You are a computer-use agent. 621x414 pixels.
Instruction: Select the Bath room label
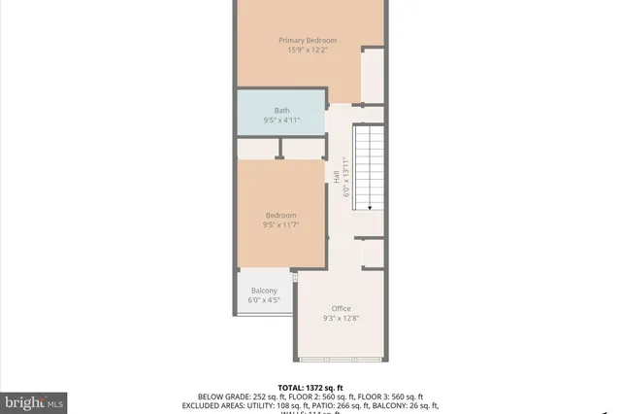tap(281, 110)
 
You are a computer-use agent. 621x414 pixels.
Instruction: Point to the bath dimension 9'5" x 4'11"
tap(281, 121)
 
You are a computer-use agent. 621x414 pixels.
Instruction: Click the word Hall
tap(337, 177)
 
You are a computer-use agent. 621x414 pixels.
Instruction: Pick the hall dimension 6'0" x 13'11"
tap(345, 177)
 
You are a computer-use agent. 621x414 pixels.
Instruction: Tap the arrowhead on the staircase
tap(369, 206)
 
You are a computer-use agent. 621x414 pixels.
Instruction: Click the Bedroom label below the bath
tap(281, 215)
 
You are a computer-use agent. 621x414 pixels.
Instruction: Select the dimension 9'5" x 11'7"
tap(281, 225)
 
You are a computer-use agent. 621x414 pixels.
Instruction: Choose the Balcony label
tap(264, 291)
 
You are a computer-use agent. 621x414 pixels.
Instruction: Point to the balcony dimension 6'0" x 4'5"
tap(264, 300)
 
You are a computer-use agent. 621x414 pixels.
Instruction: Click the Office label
tap(341, 308)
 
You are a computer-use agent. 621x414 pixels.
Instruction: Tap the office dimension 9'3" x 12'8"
tap(341, 319)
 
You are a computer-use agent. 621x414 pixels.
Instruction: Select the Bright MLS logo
tap(34, 400)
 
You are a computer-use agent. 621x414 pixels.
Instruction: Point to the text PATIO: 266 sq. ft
tap(357, 405)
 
